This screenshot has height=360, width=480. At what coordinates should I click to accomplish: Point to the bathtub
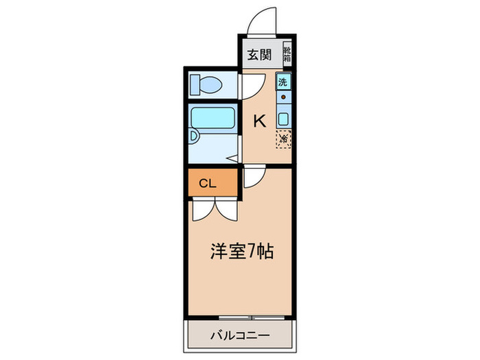coord(213,118)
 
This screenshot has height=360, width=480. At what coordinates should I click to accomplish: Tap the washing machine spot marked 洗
coord(284,82)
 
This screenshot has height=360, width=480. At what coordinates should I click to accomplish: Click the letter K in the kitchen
coord(260,121)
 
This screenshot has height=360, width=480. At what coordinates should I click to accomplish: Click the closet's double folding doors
coord(213,209)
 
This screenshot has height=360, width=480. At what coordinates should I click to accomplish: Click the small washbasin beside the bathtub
coord(194,136)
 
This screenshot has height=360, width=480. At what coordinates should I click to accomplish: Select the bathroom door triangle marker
coord(233,158)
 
